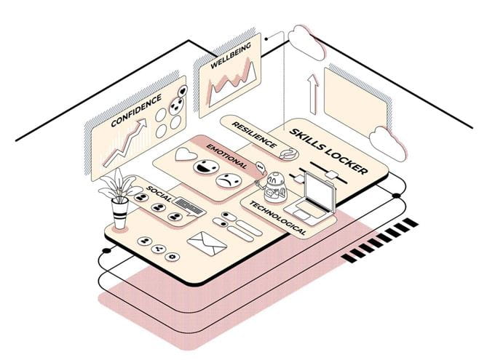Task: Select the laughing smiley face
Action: [205, 167]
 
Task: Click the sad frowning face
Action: [231, 180]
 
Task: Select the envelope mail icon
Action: [205, 244]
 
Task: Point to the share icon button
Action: [159, 248]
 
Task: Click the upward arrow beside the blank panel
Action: [314, 92]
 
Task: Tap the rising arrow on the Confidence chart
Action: [124, 145]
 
